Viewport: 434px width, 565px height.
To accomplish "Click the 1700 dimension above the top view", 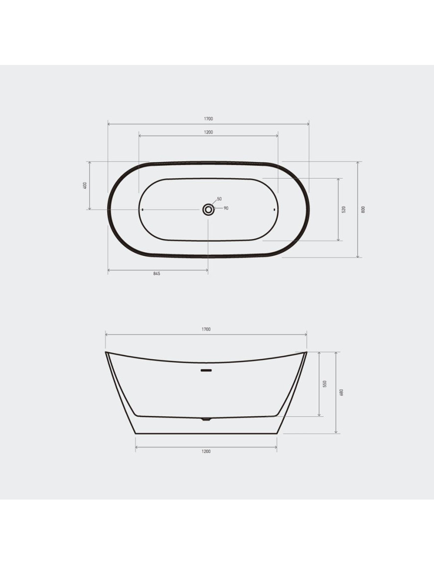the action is coord(209,119).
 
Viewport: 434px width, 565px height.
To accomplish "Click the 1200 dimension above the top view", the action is coord(209,132).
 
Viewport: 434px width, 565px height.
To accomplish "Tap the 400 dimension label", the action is coord(85,185).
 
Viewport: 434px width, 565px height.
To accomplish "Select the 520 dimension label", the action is coord(344,209).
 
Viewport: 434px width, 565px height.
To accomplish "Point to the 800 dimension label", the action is coord(363,209).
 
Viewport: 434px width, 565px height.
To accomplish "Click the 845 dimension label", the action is coord(157,273).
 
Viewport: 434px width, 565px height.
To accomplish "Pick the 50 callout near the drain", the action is coord(219,199).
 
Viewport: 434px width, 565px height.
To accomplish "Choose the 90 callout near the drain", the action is coord(226,208).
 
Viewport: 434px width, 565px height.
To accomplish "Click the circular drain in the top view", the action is coord(209,209).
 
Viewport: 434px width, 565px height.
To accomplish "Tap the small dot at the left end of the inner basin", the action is coord(143,209).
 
